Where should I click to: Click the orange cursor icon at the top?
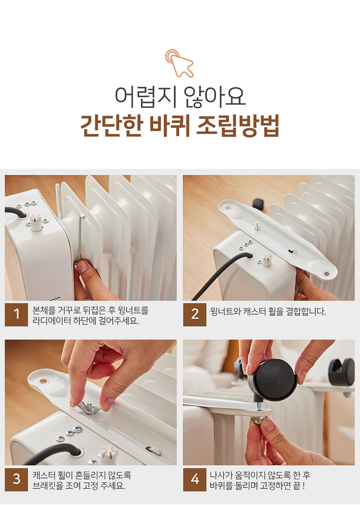[x=179, y=63]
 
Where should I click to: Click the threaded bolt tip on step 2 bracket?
[x=257, y=225]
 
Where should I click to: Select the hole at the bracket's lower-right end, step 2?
[x=326, y=274]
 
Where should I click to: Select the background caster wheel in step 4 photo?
[x=341, y=372]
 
